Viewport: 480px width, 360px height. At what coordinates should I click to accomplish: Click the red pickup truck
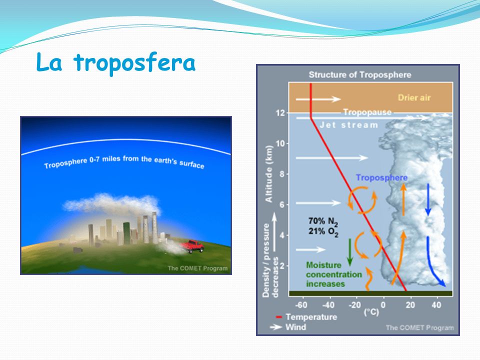click(192, 246)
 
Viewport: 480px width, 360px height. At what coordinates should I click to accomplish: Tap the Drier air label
click(414, 97)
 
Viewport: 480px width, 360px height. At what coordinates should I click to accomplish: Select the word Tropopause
click(367, 112)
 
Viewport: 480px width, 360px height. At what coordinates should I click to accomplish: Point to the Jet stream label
click(348, 125)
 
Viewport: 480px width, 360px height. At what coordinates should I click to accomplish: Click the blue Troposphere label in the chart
click(381, 177)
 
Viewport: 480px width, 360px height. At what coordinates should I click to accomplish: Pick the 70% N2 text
click(323, 221)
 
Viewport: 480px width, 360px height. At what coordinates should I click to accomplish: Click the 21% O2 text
click(323, 231)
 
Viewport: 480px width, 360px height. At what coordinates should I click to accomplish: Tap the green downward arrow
click(350, 252)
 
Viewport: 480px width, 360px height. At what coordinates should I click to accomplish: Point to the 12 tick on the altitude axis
click(280, 113)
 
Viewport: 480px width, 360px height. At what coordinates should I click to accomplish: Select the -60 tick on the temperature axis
click(301, 305)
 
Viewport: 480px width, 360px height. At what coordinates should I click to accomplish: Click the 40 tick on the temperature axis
click(436, 305)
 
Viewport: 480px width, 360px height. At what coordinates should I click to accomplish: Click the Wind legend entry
click(288, 327)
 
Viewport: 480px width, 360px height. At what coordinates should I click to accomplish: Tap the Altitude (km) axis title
click(269, 173)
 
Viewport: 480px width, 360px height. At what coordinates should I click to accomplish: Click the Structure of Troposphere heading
click(359, 74)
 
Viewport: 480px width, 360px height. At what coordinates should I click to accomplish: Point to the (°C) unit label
click(371, 312)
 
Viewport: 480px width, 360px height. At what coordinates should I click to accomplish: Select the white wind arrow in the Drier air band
click(318, 99)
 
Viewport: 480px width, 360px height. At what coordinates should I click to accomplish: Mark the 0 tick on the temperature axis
click(383, 305)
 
